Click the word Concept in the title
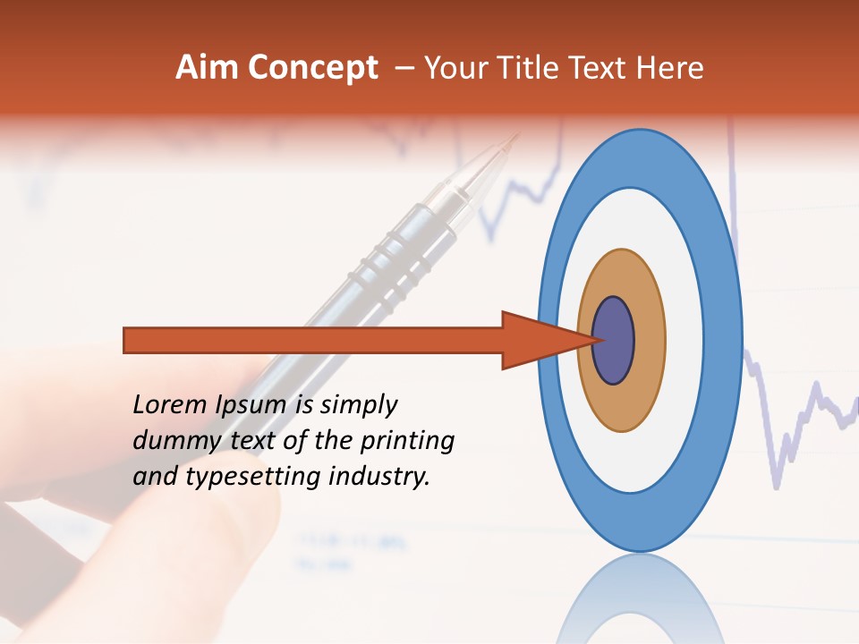tap(312, 68)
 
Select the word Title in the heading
tap(541, 68)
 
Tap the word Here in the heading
tap(670, 68)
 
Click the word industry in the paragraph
tap(379, 477)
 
